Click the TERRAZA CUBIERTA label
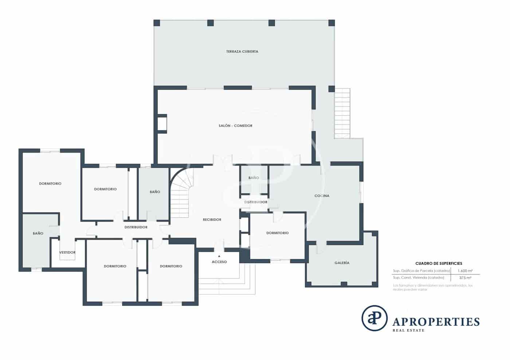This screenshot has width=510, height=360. [242, 52]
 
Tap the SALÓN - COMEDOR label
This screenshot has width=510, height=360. [235, 126]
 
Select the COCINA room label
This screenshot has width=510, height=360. [322, 196]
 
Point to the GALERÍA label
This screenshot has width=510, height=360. [342, 263]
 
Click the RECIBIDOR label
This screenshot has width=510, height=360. [212, 220]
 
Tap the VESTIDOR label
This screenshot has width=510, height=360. [67, 253]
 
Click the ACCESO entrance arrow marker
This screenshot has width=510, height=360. [219, 256]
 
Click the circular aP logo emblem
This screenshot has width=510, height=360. [374, 318]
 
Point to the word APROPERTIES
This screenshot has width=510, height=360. [436, 322]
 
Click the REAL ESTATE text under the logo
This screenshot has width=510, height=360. [408, 331]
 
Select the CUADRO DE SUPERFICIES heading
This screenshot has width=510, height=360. [439, 264]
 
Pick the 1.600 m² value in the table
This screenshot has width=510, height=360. [465, 271]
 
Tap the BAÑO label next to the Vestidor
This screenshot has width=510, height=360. [38, 233]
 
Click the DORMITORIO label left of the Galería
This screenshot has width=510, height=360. [277, 233]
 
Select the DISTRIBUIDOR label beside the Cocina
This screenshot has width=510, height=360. [256, 202]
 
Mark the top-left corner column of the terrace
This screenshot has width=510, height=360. [157, 23]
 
